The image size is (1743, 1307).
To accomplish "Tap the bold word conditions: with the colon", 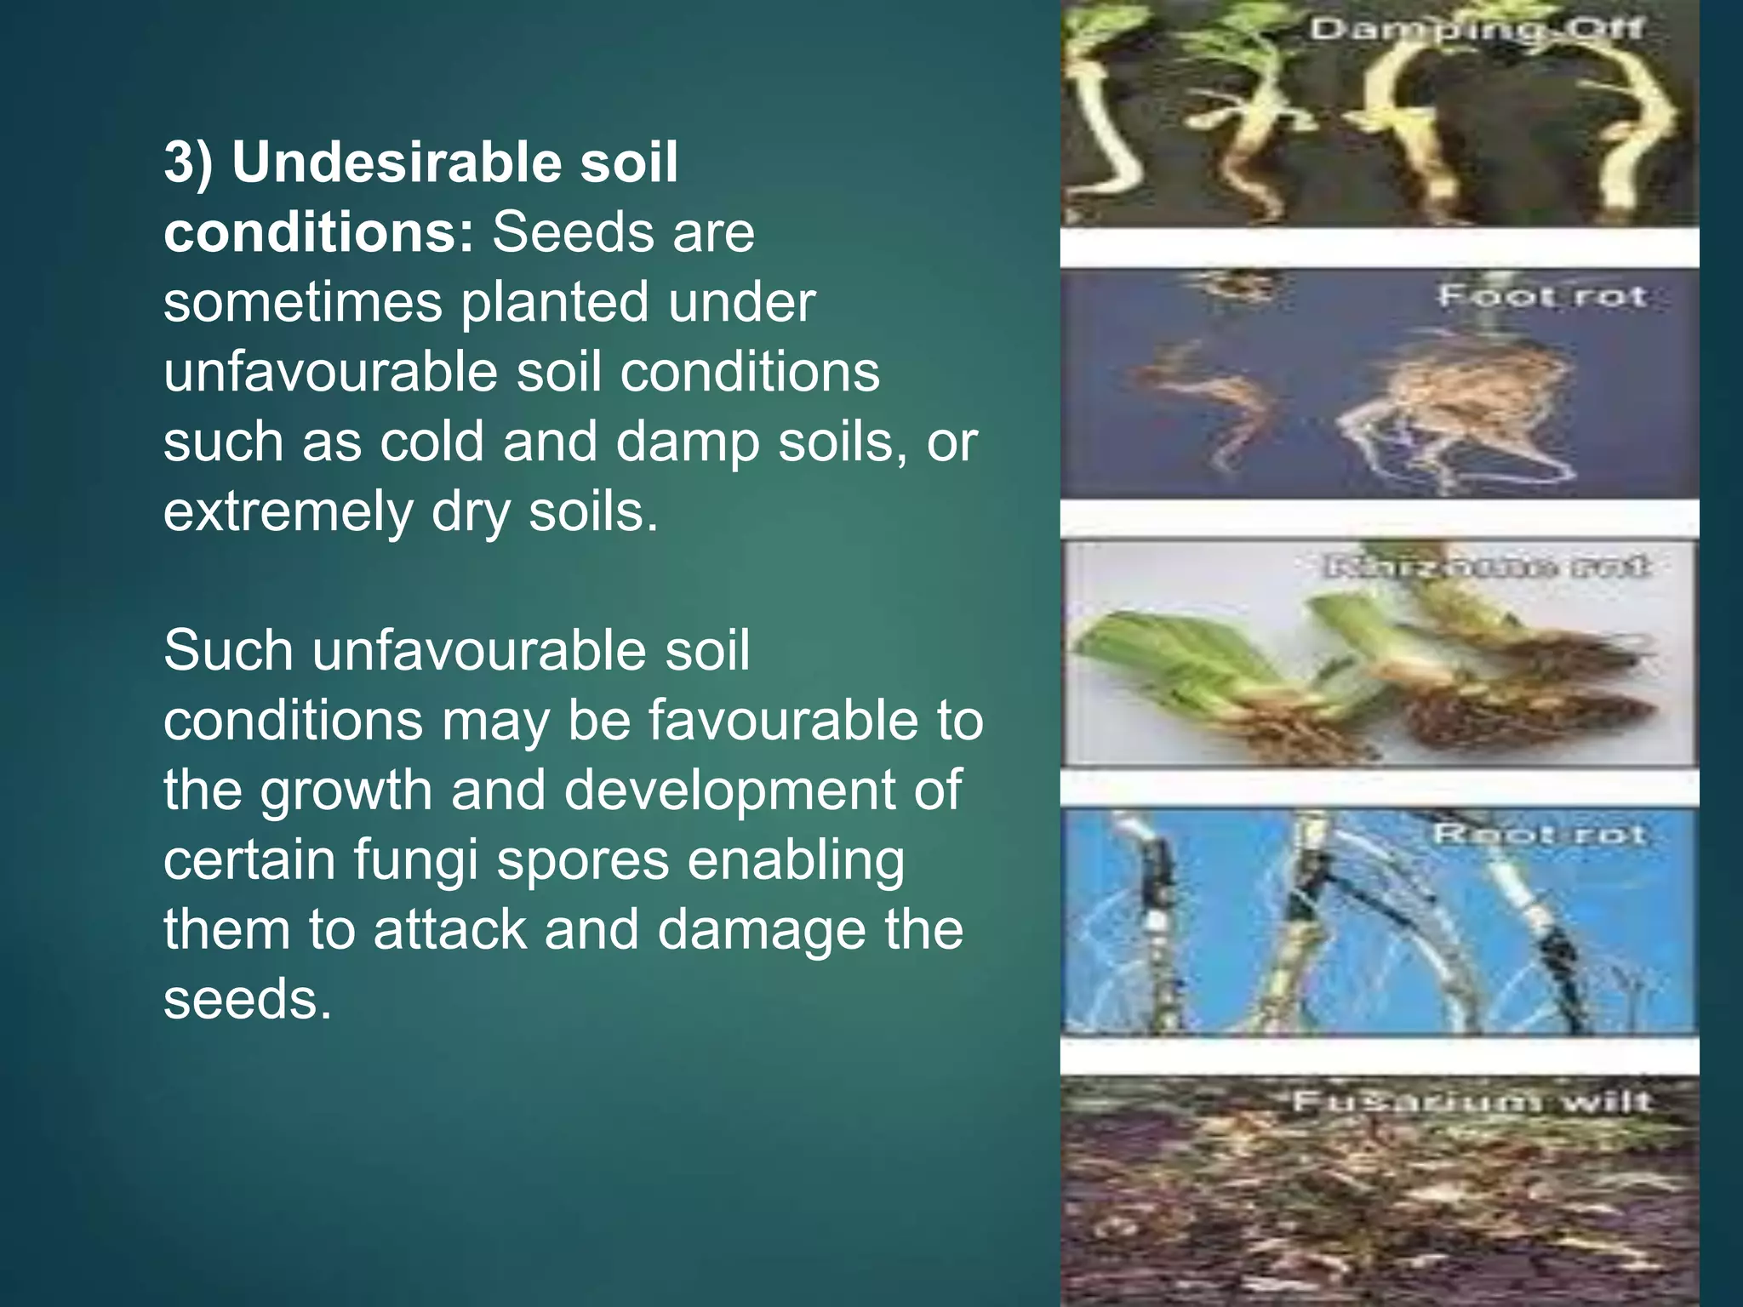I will tap(318, 232).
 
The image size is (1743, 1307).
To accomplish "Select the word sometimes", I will tap(302, 302).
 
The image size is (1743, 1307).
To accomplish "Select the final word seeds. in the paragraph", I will tap(247, 999).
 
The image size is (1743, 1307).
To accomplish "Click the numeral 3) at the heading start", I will tap(188, 162).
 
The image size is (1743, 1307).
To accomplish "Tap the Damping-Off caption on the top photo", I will tap(1476, 30).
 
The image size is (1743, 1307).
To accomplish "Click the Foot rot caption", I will tap(1541, 296).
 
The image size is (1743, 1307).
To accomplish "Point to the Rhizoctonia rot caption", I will tap(1486, 567).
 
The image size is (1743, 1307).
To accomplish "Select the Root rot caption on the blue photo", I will tap(1539, 834).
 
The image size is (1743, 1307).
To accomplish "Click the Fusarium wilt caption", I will tap(1472, 1102).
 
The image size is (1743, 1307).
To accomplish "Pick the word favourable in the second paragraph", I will tap(783, 721).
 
